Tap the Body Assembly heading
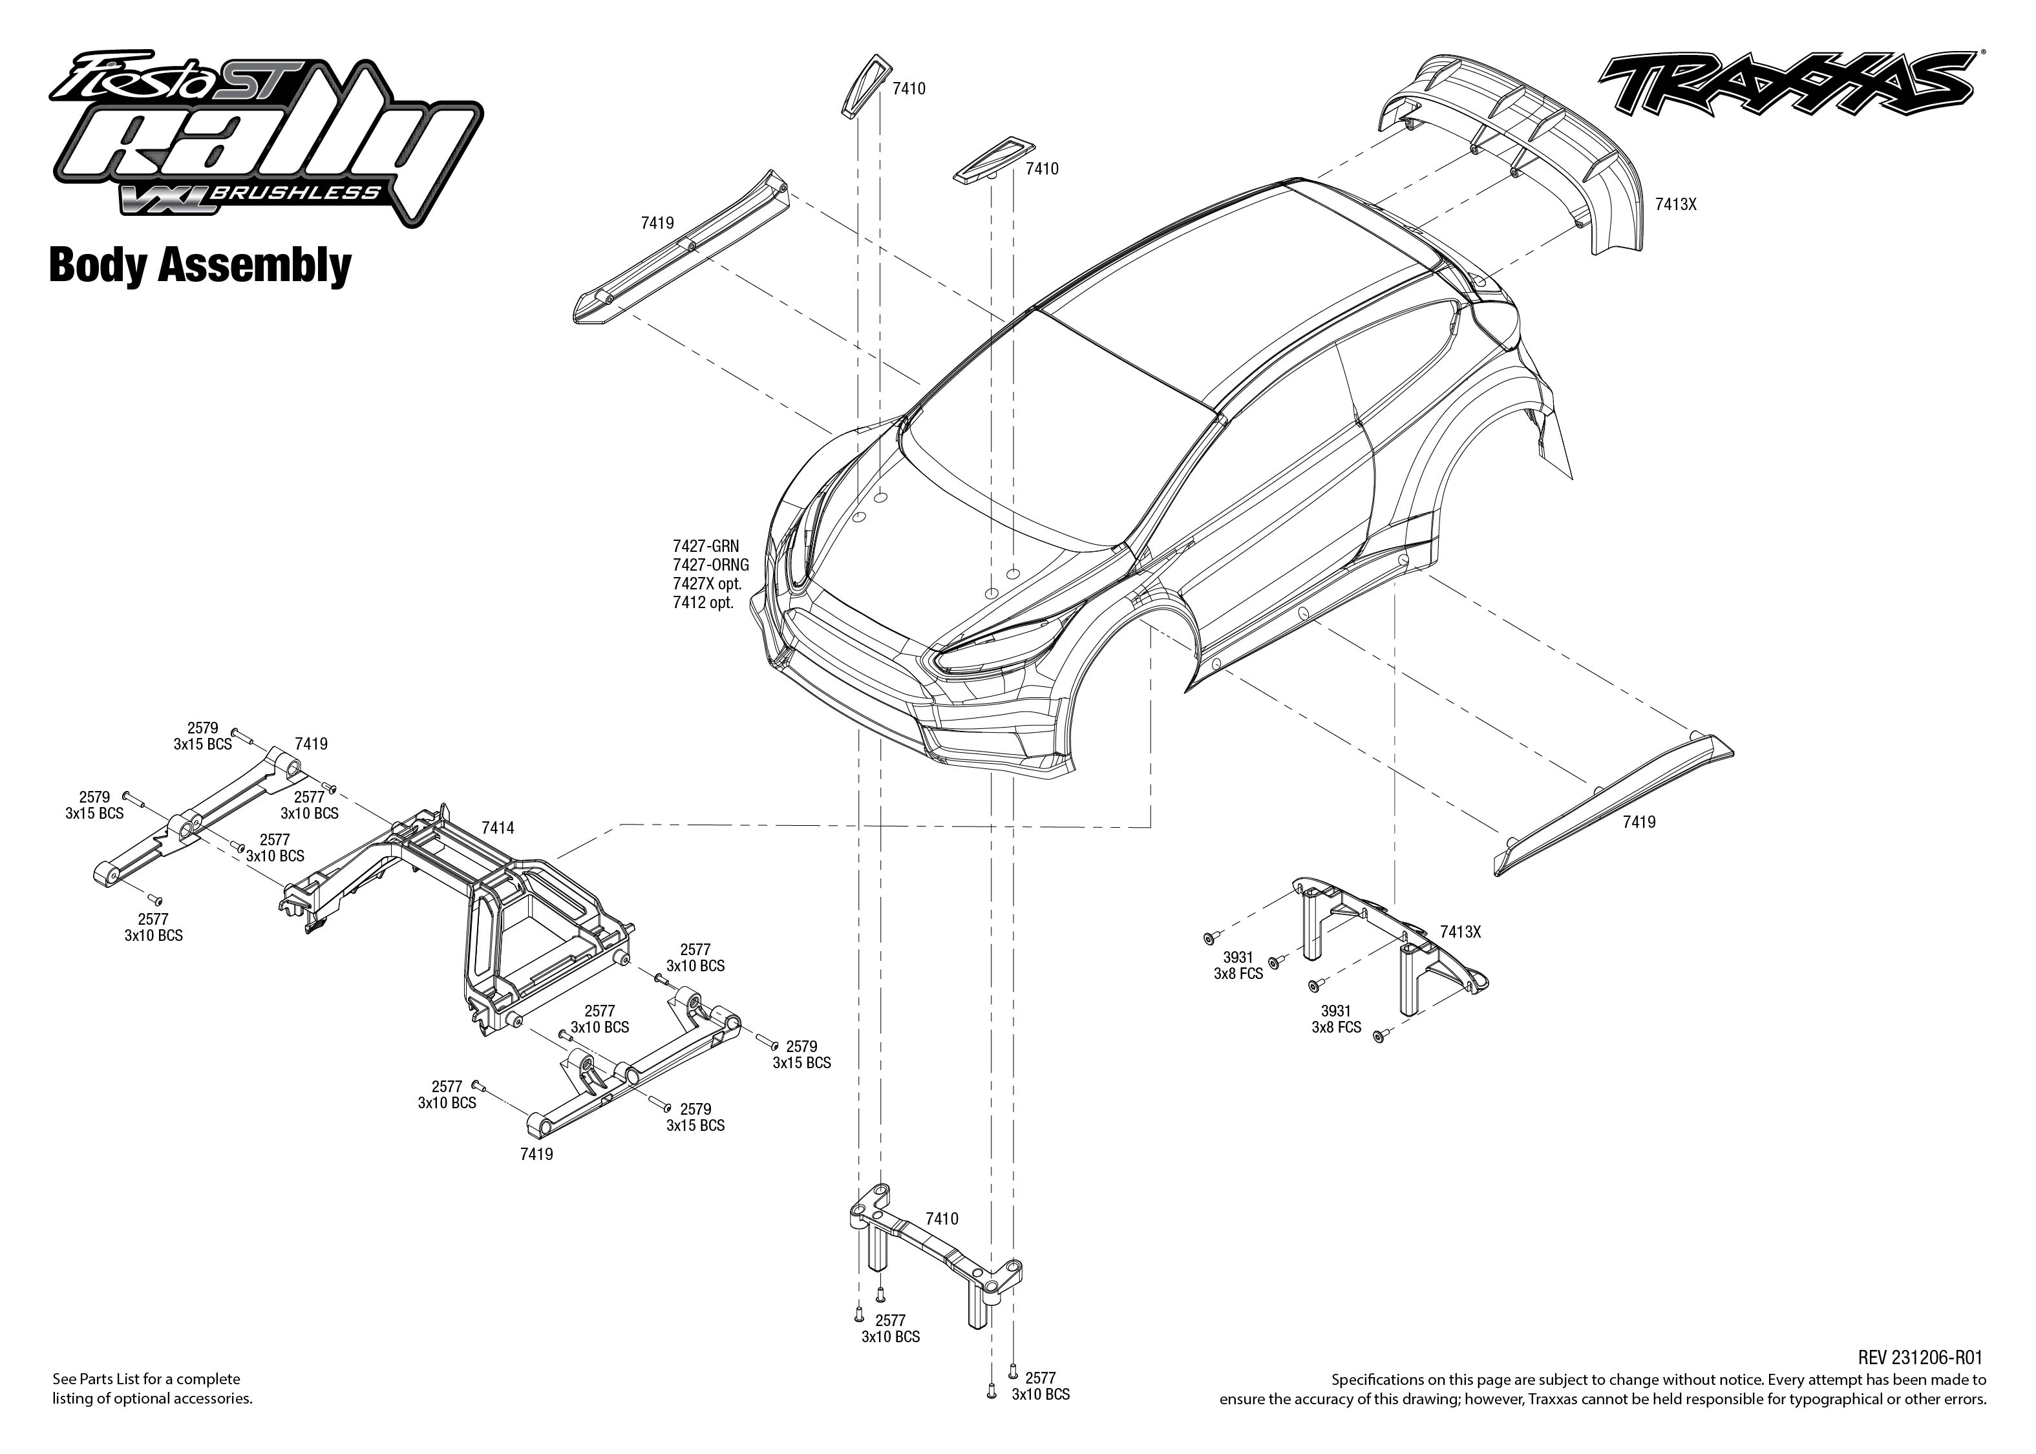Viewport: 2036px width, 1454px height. pyautogui.click(x=200, y=266)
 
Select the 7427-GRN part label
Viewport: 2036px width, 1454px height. pyautogui.click(x=706, y=546)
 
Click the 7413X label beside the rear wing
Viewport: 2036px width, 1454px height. pyautogui.click(x=1675, y=204)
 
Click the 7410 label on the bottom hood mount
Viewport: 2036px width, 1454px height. pyautogui.click(x=941, y=1219)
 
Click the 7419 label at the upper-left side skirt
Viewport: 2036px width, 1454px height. pyautogui.click(x=657, y=223)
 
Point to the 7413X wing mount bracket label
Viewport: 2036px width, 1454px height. pyautogui.click(x=1460, y=932)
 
